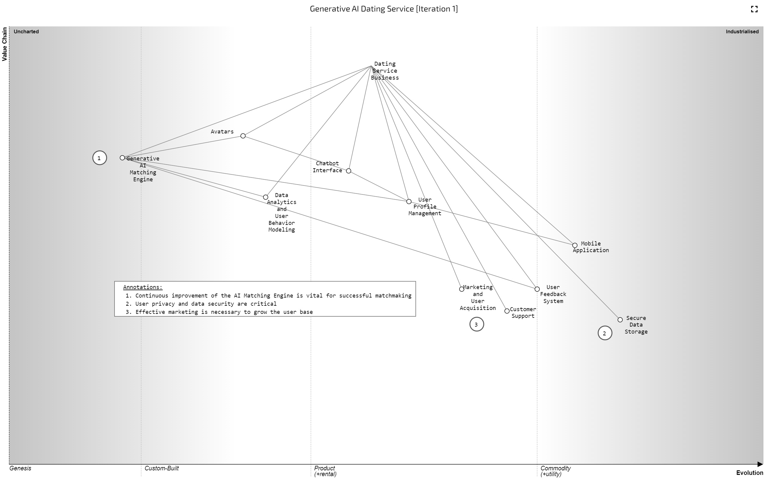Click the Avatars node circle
[243, 136]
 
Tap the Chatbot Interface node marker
[349, 171]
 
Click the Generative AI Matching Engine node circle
[122, 158]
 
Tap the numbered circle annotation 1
[99, 158]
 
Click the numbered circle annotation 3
[477, 324]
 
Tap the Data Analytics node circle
[265, 197]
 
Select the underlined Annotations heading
[143, 287]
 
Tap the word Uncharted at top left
[26, 31]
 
